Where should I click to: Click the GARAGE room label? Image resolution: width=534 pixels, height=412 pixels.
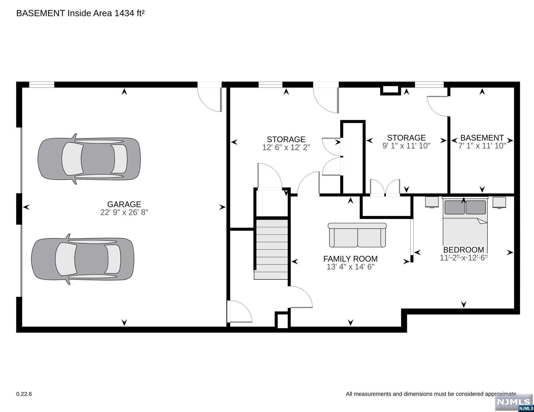(124, 204)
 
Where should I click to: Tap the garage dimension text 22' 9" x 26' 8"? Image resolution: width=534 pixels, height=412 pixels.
(124, 212)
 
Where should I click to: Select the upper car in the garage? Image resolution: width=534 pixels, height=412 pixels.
(89, 159)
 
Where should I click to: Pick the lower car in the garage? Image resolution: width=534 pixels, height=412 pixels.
(83, 259)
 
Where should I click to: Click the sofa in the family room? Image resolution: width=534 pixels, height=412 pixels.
(357, 235)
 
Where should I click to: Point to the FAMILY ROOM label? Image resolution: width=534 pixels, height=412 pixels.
(350, 259)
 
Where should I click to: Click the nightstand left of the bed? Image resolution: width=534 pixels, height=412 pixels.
(432, 202)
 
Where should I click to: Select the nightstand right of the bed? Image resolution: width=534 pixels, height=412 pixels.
(499, 202)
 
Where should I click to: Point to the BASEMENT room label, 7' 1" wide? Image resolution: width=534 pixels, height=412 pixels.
(482, 138)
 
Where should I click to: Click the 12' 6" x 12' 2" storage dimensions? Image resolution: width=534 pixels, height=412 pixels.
(286, 148)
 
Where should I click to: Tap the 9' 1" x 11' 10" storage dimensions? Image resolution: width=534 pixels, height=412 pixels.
(406, 146)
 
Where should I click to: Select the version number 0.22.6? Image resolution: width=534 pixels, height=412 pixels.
(24, 394)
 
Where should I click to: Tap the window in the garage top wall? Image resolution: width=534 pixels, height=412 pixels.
(42, 85)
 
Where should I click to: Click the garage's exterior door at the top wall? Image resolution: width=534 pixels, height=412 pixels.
(210, 97)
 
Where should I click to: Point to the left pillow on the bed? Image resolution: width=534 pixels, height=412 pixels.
(454, 207)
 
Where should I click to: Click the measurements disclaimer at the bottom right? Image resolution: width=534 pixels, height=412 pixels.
(432, 394)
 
